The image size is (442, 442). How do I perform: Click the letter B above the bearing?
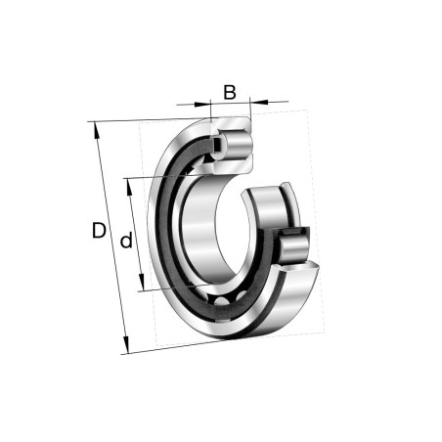(x=230, y=93)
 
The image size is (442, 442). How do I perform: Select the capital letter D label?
(x=99, y=232)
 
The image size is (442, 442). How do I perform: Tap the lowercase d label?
(x=125, y=241)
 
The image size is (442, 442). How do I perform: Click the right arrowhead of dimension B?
(x=256, y=101)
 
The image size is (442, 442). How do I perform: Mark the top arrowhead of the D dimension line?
(x=96, y=128)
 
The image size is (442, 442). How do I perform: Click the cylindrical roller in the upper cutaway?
(x=235, y=142)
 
